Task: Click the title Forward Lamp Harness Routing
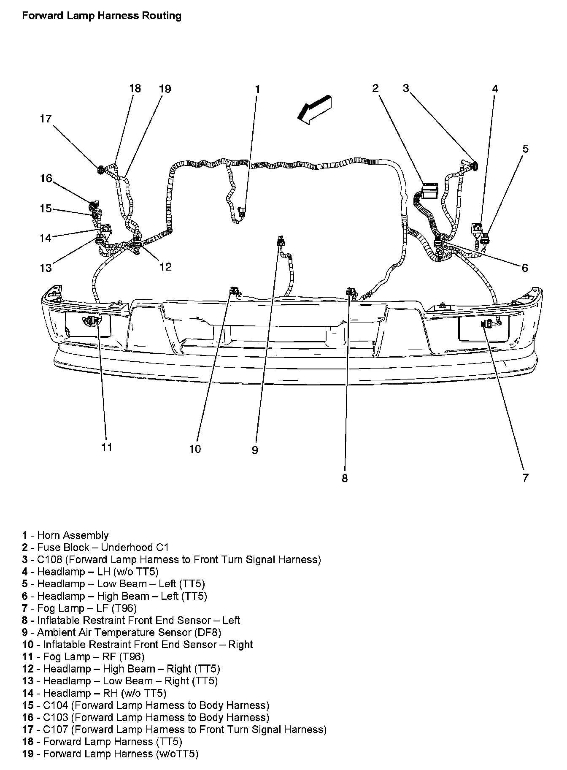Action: pyautogui.click(x=102, y=16)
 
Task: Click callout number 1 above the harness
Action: pyautogui.click(x=257, y=89)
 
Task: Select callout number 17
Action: pyautogui.click(x=46, y=119)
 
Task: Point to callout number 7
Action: pyautogui.click(x=525, y=477)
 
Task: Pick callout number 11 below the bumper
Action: pyautogui.click(x=107, y=447)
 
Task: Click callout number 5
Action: pyautogui.click(x=525, y=149)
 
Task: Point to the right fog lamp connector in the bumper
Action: pyautogui.click(x=95, y=321)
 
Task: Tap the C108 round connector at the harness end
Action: pyautogui.click(x=475, y=165)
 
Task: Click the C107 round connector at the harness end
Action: pyautogui.click(x=101, y=170)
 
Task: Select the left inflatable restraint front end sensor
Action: pyautogui.click(x=349, y=292)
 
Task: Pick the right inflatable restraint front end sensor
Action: pyautogui.click(x=232, y=290)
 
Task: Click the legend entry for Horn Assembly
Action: pyautogui.click(x=66, y=536)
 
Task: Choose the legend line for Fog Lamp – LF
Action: pyautogui.click(x=80, y=608)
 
